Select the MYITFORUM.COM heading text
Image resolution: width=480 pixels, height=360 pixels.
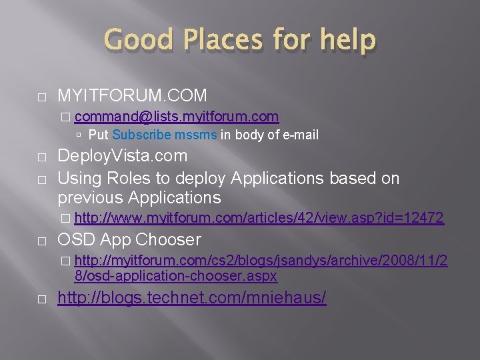[132, 95]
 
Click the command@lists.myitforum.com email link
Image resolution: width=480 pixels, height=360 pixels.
[177, 117]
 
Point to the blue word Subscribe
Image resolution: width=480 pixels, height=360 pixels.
[138, 135]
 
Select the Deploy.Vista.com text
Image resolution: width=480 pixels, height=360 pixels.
[123, 156]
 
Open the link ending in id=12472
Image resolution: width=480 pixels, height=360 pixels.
[259, 217]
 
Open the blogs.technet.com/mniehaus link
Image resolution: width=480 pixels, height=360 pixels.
[192, 298]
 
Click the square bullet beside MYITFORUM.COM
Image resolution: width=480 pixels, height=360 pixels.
[42, 97]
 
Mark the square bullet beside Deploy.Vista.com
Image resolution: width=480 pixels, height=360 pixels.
[42, 158]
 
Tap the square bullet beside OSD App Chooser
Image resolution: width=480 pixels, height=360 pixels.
[42, 241]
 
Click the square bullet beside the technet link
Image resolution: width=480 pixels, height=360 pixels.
[42, 300]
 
